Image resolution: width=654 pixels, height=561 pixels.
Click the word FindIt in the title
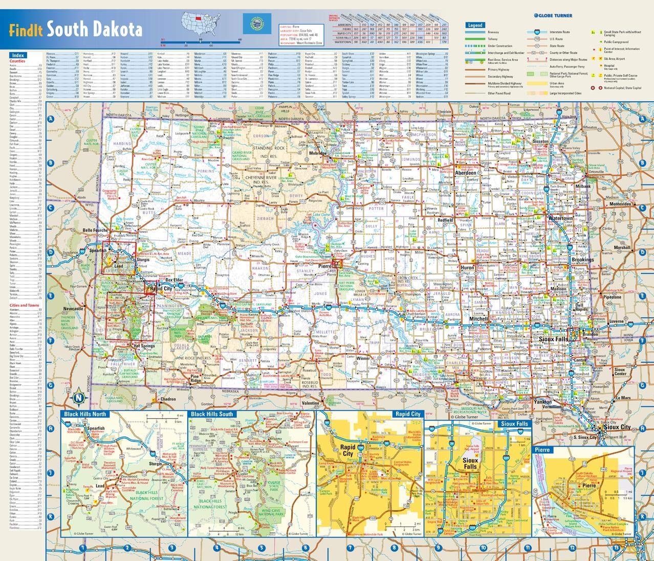coord(26,30)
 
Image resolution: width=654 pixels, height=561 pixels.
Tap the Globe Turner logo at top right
coord(552,15)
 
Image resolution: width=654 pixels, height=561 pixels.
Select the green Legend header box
coord(475,25)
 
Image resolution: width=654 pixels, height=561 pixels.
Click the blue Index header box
coord(18,55)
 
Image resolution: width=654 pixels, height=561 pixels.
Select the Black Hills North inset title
coord(84,414)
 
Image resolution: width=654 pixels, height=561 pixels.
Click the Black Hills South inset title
coord(212,414)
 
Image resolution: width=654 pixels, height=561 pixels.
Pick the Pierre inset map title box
coord(542,450)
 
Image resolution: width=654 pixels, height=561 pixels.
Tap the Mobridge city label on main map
coord(317,153)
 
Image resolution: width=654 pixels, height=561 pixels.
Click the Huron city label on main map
coord(467,267)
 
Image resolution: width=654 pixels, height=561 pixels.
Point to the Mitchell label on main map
coord(479,318)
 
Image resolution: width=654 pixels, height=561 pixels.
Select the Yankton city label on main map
coord(542,402)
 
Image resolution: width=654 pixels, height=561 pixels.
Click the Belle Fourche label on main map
coord(95,230)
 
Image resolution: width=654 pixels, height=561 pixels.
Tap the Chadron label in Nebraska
coord(168,399)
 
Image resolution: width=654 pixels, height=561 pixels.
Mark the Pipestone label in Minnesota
coord(612,297)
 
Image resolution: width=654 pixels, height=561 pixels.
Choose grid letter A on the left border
coord(51,119)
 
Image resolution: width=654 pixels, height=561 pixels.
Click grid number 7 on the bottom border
coord(350,548)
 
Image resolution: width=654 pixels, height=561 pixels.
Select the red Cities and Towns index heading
coord(24,305)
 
